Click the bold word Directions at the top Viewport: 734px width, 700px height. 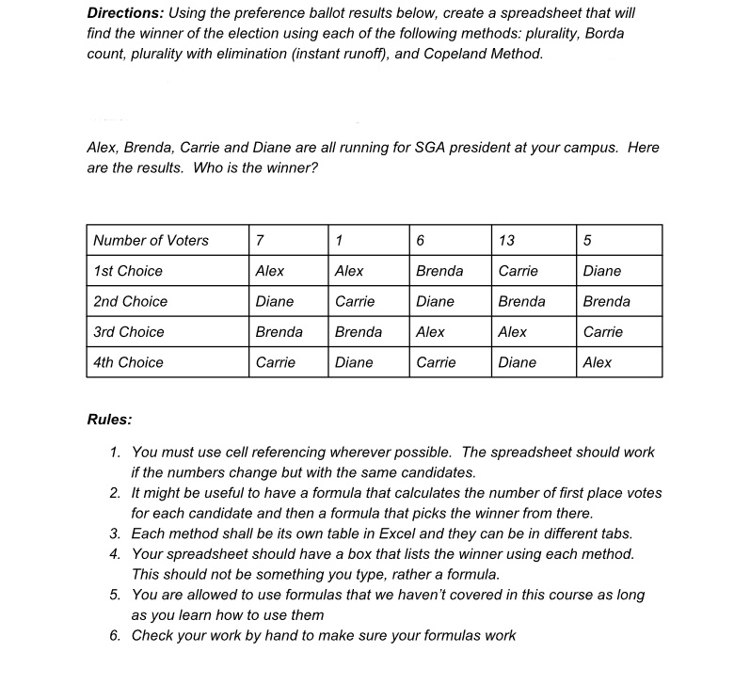(x=122, y=13)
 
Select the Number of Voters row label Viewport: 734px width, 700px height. (x=151, y=240)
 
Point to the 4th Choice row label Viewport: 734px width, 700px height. (x=128, y=362)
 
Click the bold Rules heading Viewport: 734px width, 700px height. (x=109, y=420)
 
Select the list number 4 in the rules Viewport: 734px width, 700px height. (x=114, y=554)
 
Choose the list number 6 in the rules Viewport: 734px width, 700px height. (x=114, y=635)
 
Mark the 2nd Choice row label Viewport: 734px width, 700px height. (x=130, y=302)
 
